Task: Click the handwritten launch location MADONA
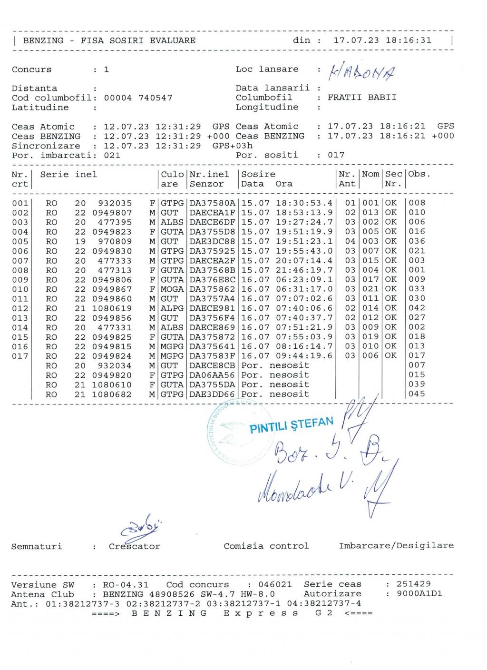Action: (363, 72)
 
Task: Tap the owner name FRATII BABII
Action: (362, 98)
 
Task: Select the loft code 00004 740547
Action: (138, 98)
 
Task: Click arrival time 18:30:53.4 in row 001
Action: (304, 203)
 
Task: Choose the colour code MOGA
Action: (172, 289)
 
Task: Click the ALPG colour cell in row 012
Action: (172, 308)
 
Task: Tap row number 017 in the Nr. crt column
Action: (20, 356)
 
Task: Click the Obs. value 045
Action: (417, 394)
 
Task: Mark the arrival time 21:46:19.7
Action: (304, 270)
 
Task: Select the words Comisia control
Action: (266, 546)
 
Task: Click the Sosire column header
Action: (258, 174)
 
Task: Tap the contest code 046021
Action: (275, 584)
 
